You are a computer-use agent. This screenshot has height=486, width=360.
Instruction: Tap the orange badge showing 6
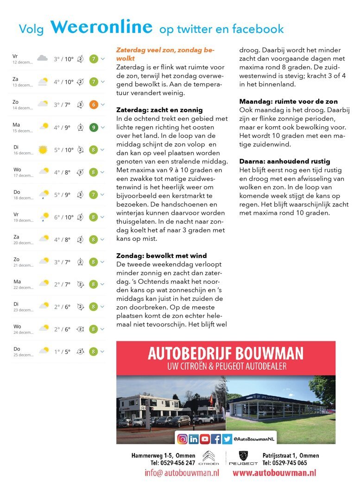pyautogui.click(x=93, y=104)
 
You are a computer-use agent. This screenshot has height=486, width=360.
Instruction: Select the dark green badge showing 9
pyautogui.click(x=93, y=127)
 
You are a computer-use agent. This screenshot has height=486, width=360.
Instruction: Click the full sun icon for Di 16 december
pyautogui.click(x=43, y=150)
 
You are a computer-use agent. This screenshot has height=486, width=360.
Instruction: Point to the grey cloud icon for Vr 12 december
pyautogui.click(x=42, y=59)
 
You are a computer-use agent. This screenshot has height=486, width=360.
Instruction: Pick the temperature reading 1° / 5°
pyautogui.click(x=62, y=352)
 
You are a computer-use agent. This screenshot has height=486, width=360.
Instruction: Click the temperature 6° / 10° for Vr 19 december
pyautogui.click(x=63, y=217)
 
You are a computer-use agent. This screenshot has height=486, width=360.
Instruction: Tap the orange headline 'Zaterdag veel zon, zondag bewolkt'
pyautogui.click(x=165, y=54)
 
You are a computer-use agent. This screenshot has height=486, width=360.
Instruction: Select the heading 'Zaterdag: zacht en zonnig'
pyautogui.click(x=159, y=110)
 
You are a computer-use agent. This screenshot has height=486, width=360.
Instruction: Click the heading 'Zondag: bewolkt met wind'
pyautogui.click(x=161, y=255)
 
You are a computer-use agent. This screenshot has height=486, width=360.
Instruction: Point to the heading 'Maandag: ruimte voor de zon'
pyautogui.click(x=288, y=101)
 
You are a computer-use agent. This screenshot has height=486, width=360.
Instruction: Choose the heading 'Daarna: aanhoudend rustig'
pyautogui.click(x=284, y=161)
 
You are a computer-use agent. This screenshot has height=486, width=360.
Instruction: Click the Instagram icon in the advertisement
pyautogui.click(x=183, y=438)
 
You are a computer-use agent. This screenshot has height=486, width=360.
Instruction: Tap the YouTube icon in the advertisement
pyautogui.click(x=205, y=438)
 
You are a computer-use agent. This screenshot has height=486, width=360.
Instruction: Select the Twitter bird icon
pyautogui.click(x=227, y=438)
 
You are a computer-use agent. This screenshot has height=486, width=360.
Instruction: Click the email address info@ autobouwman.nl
pyautogui.click(x=182, y=473)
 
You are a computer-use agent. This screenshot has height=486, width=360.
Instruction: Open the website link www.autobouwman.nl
pyautogui.click(x=274, y=473)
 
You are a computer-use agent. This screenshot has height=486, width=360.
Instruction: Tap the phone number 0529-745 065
pyautogui.click(x=292, y=463)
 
